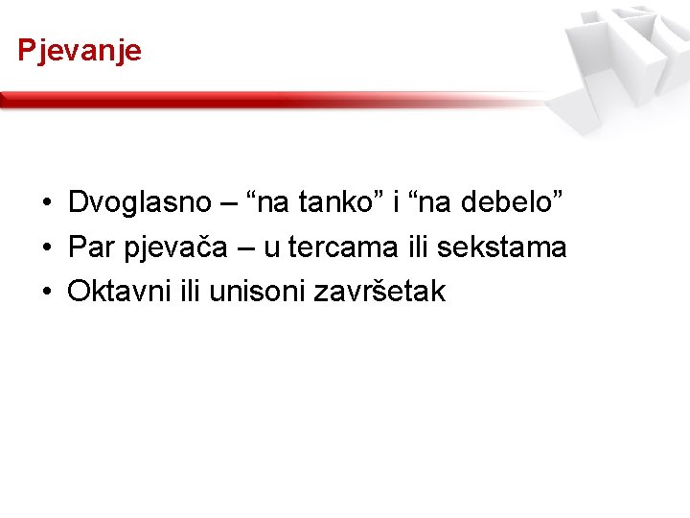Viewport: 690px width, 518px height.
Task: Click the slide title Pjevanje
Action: [80, 50]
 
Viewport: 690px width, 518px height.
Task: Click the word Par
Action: [92, 247]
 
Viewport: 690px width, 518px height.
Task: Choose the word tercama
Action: [339, 247]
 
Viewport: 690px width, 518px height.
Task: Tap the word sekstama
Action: [502, 247]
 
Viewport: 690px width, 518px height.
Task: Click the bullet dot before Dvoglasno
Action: [46, 203]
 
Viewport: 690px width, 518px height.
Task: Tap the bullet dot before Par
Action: [46, 248]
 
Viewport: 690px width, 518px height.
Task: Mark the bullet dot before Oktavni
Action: [46, 293]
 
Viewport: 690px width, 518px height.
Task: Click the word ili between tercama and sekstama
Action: [414, 247]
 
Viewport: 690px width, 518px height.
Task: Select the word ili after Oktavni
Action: [193, 292]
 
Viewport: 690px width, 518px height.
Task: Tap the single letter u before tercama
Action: [271, 249]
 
